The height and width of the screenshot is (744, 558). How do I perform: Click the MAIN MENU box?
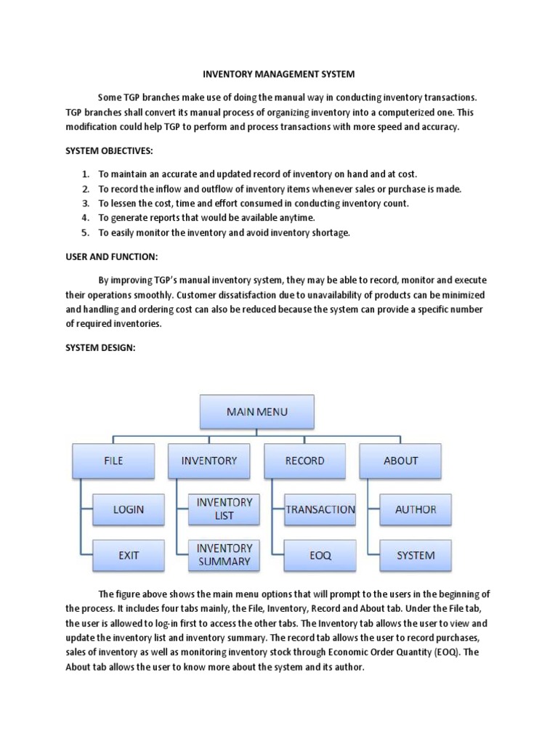[x=256, y=412]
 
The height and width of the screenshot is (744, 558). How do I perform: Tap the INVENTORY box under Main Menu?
[x=209, y=461]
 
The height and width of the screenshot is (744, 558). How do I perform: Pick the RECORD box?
[x=304, y=461]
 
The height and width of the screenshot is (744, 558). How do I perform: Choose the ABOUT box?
[x=400, y=461]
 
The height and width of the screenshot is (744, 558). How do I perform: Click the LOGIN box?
[x=129, y=509]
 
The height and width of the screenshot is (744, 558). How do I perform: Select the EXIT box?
[x=129, y=555]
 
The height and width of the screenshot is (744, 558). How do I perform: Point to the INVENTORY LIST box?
[x=225, y=509]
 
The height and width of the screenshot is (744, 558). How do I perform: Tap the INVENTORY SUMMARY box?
[x=225, y=554]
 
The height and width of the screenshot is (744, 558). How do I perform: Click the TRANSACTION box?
[x=320, y=509]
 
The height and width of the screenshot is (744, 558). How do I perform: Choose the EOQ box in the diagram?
[x=320, y=555]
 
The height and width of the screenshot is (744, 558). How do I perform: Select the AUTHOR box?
[x=416, y=509]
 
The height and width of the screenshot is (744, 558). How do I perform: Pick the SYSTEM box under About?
[x=416, y=555]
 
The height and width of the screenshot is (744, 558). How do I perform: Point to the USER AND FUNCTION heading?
[x=111, y=256]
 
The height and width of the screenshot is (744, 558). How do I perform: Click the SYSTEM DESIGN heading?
[x=100, y=348]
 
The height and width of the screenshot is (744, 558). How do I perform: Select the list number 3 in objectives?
[x=85, y=203]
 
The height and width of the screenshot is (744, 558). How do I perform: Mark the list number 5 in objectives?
[x=85, y=232]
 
